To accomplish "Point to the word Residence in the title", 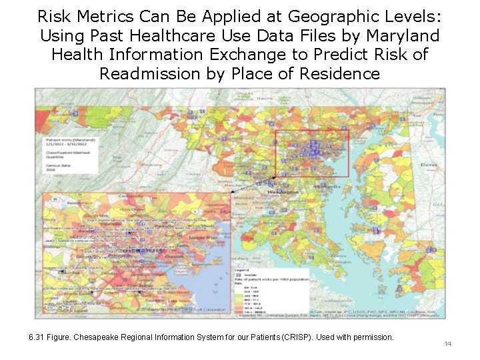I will coord(338,73).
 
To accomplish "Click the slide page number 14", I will coord(447,343).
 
